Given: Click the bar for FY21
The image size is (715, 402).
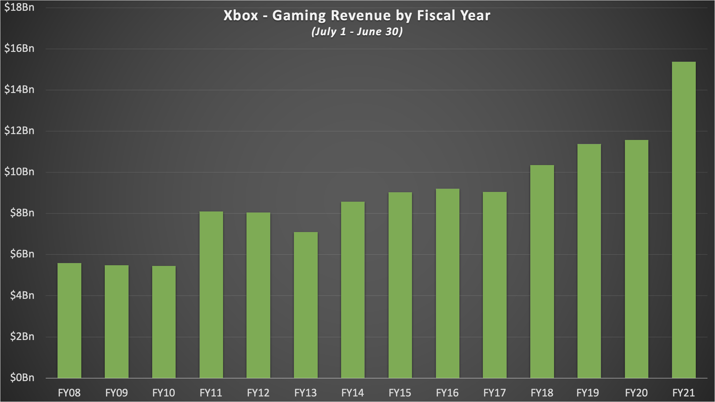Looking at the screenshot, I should (x=684, y=220).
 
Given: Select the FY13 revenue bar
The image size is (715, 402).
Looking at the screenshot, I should (x=305, y=305).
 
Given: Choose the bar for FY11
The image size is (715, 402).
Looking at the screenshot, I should (x=211, y=295).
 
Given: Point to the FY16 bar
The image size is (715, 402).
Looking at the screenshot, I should (x=447, y=283).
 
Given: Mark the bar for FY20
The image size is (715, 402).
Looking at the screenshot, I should (x=636, y=259).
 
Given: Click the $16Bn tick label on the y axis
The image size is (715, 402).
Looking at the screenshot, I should (x=19, y=49).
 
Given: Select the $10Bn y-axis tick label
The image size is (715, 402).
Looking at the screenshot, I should (x=19, y=172).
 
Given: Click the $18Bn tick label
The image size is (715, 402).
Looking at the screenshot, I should (x=19, y=7).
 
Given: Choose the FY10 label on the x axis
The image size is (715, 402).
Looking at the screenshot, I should (x=164, y=393).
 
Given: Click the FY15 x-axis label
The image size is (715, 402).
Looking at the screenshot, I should (x=400, y=393).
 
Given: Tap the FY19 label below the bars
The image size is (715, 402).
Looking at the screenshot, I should (x=589, y=393).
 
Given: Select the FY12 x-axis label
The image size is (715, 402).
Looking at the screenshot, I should (x=258, y=393).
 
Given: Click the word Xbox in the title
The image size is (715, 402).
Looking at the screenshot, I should (x=241, y=16).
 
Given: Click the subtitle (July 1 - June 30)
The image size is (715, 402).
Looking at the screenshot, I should (x=357, y=32).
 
